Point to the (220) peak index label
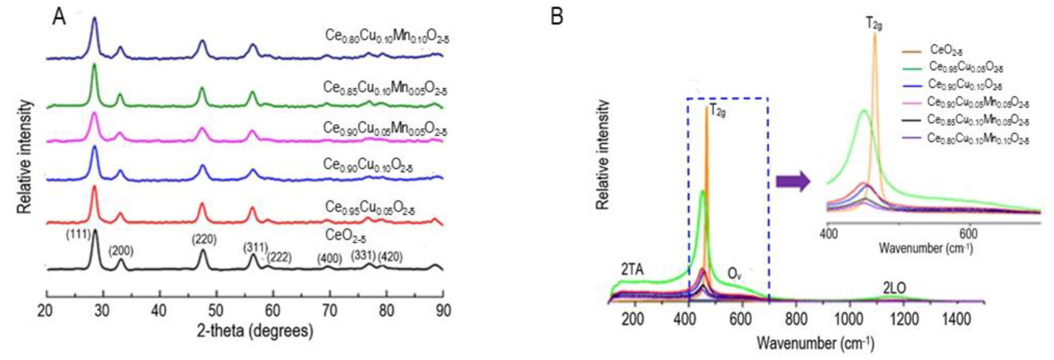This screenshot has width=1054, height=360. pos(204,239)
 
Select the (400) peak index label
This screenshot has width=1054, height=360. pos(329,259)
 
